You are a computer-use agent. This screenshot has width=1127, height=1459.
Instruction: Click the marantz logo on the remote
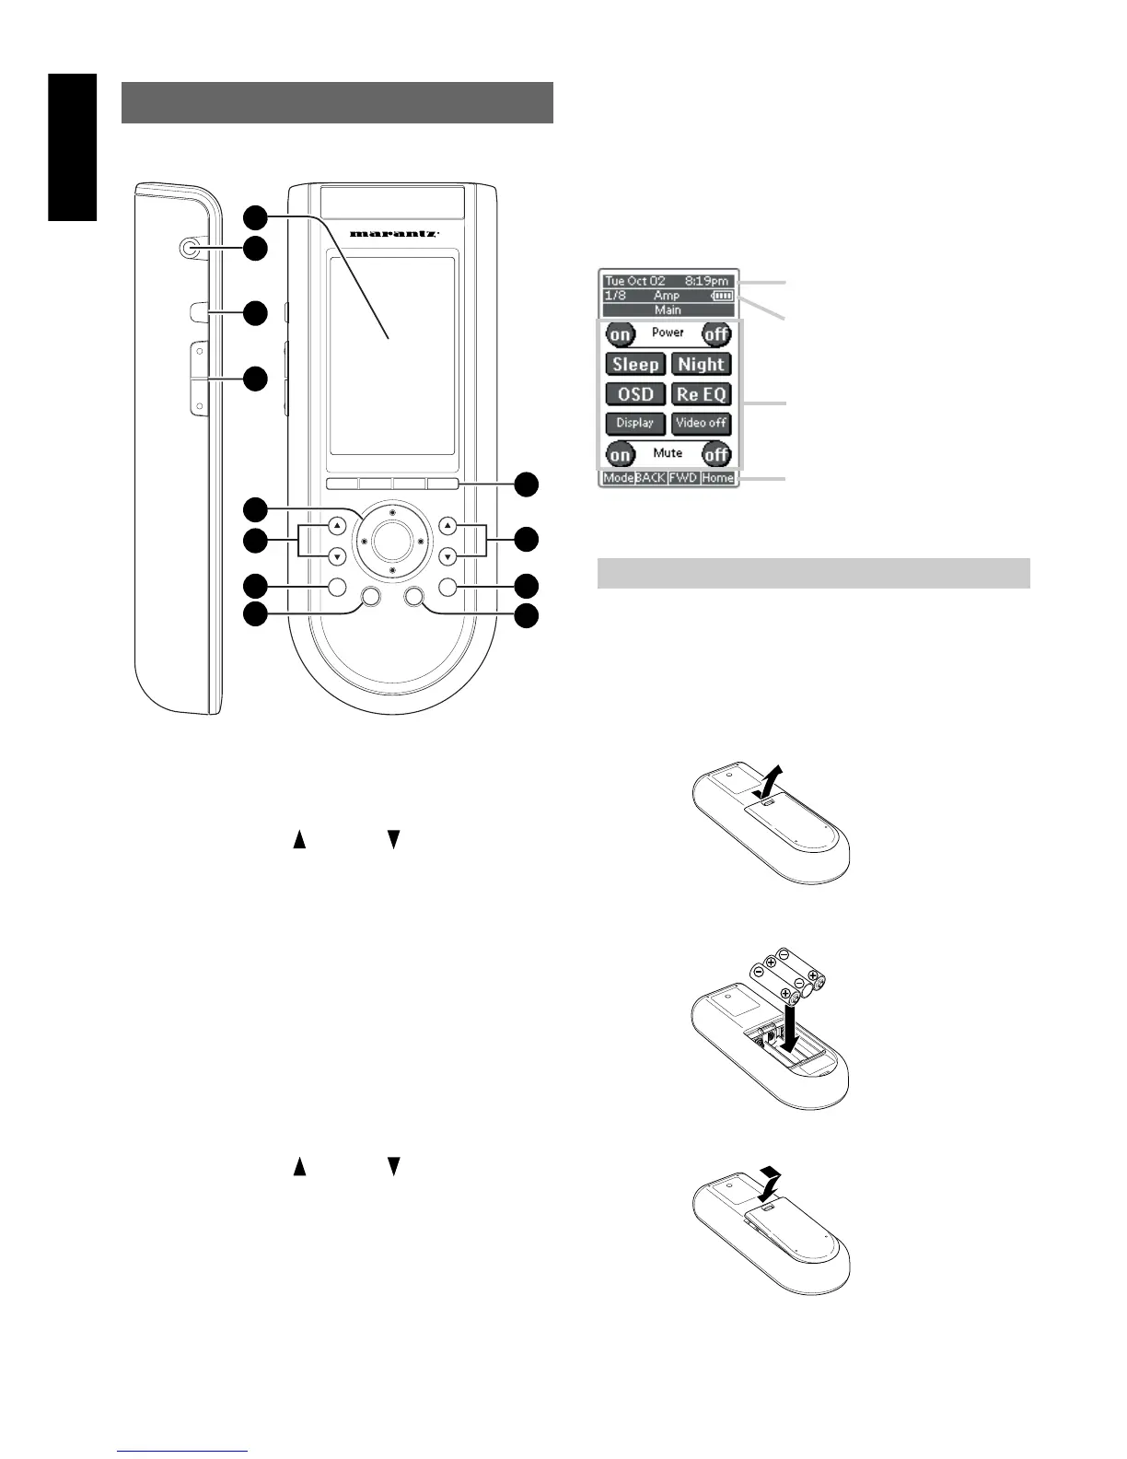(x=393, y=234)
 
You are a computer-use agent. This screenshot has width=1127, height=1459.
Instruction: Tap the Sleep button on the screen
(x=635, y=365)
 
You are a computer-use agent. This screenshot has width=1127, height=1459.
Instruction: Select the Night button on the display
(x=702, y=365)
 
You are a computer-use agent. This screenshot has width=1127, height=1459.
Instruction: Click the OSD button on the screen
(x=635, y=394)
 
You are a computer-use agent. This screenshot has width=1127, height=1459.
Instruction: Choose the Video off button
(x=702, y=423)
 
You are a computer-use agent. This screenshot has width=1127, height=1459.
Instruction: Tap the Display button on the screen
(x=635, y=423)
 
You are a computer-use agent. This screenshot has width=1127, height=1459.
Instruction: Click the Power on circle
(x=621, y=333)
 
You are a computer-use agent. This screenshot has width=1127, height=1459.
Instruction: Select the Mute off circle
(x=716, y=454)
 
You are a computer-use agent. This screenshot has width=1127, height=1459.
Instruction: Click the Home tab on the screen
(x=717, y=478)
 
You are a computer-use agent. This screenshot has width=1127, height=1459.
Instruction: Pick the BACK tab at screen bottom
(x=651, y=478)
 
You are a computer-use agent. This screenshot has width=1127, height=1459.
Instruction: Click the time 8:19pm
(x=706, y=281)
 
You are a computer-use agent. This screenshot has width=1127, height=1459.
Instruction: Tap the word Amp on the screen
(x=667, y=296)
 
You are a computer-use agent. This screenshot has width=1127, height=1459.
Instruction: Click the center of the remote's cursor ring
(x=392, y=542)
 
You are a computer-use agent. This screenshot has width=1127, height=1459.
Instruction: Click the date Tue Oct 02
(x=635, y=281)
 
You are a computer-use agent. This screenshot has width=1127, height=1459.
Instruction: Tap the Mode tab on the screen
(x=618, y=478)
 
